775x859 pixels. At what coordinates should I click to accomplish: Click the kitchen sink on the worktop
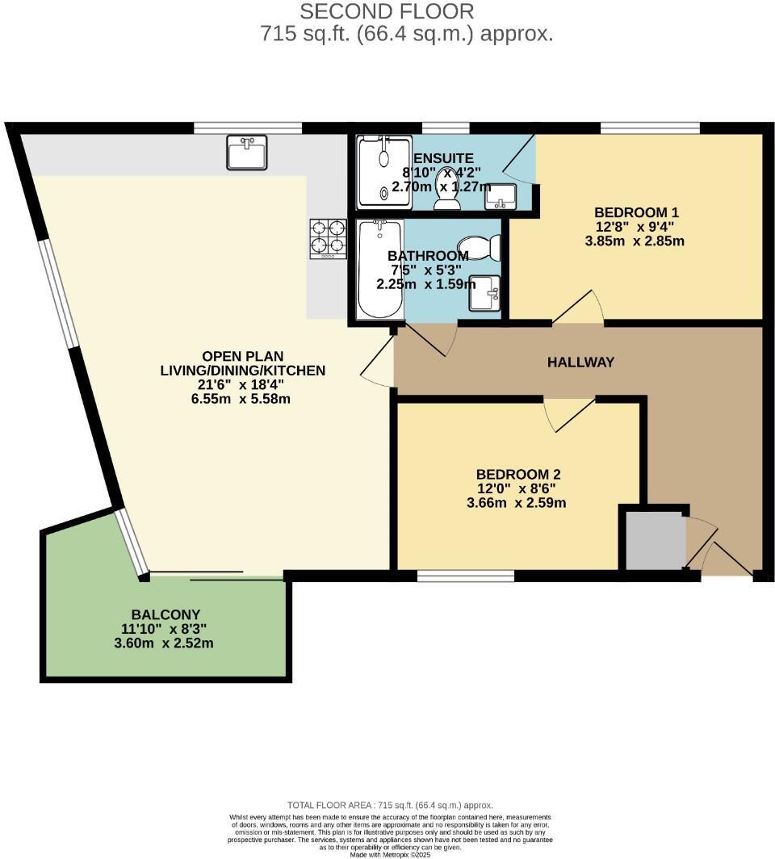[x=247, y=153]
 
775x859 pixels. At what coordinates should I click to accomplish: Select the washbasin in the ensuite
[x=501, y=196]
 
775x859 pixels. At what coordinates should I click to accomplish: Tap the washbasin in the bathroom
[x=485, y=293]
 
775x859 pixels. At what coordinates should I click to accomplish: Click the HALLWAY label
[x=580, y=362]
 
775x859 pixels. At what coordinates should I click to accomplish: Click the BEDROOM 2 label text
[x=517, y=475]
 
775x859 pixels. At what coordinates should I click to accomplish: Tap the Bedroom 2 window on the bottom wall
[x=466, y=576]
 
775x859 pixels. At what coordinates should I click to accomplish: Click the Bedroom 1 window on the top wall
[x=650, y=128]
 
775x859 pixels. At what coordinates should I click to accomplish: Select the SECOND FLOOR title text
[x=387, y=11]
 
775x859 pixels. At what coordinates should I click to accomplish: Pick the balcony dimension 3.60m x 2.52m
[x=164, y=643]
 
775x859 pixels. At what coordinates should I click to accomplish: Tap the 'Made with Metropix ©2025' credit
[x=390, y=853]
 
